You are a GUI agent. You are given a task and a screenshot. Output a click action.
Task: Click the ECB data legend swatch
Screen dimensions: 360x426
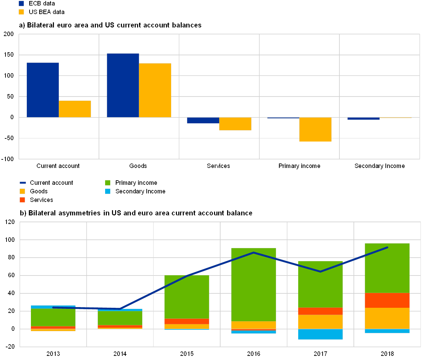[x=21, y=3]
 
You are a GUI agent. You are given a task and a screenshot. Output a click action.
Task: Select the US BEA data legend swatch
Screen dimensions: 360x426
[x=21, y=12]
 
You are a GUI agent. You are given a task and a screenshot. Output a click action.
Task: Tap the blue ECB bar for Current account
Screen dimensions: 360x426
[x=43, y=90]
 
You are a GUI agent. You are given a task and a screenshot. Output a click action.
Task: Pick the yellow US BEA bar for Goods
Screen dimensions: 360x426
[x=155, y=90]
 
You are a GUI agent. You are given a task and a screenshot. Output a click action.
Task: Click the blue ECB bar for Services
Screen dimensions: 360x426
[x=203, y=120]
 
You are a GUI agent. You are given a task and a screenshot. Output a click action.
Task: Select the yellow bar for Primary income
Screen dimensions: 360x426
[x=315, y=130]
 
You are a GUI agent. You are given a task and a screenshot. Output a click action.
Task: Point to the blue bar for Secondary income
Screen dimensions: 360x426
[x=363, y=119]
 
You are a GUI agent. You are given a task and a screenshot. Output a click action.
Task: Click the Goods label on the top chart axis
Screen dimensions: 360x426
[x=138, y=166]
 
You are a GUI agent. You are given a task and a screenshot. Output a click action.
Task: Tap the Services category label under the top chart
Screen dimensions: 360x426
[x=218, y=166]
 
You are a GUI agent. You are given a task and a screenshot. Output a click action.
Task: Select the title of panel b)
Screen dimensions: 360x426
[x=137, y=213]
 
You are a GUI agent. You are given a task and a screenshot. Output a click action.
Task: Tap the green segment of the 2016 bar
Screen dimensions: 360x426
[x=254, y=284]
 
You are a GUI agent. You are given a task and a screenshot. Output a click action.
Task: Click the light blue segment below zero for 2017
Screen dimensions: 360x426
[x=320, y=334]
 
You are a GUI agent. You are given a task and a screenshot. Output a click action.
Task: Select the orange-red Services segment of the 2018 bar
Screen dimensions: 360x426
[x=387, y=300]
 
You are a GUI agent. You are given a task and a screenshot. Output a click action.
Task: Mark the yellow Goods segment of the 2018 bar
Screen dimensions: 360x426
[x=387, y=318]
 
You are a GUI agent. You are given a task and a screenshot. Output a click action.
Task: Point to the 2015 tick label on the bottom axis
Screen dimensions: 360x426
[x=187, y=353]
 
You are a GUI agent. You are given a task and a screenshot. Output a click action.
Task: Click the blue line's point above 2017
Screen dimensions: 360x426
[x=320, y=272]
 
